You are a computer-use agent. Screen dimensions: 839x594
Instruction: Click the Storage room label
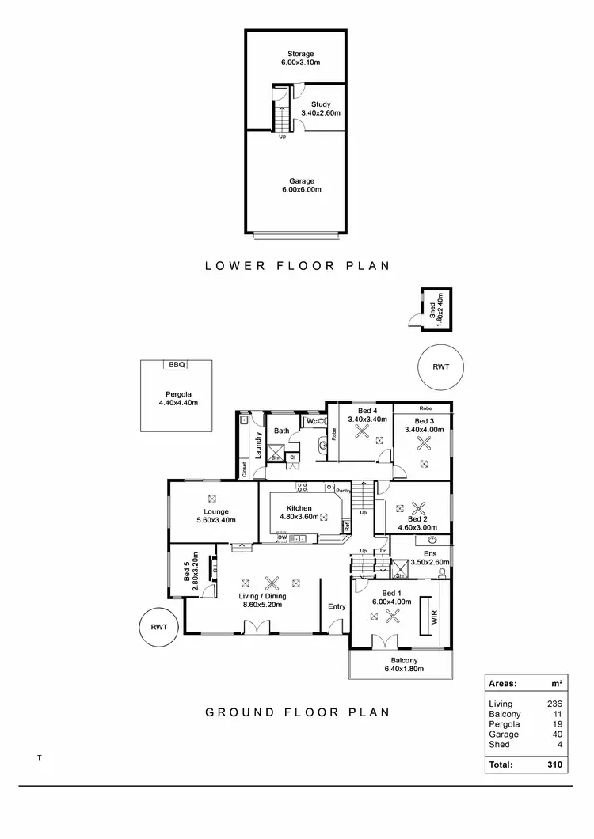(x=295, y=59)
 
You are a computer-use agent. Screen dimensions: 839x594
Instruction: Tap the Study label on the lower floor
(x=321, y=108)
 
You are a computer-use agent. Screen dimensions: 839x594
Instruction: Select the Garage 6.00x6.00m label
(x=295, y=185)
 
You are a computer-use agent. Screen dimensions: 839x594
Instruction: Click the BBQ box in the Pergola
(x=176, y=365)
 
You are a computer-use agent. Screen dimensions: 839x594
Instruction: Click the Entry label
(x=337, y=606)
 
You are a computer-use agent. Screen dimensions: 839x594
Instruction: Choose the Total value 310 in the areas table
(x=554, y=765)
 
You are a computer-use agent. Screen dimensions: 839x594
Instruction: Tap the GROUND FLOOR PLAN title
(x=298, y=712)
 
